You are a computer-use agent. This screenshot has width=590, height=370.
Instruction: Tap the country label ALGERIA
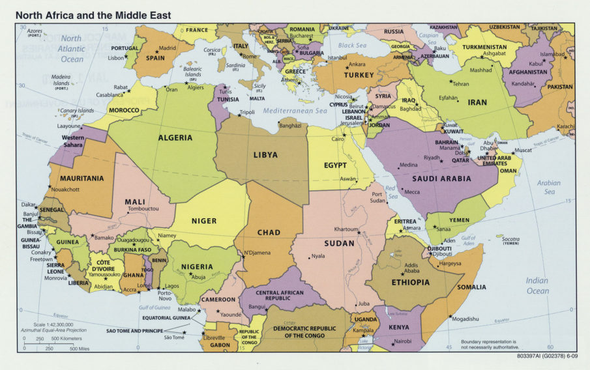pyautogui.click(x=175, y=138)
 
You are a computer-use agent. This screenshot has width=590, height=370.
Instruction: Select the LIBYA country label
pyautogui.click(x=265, y=155)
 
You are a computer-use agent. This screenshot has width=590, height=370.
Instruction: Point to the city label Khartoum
pyautogui.click(x=346, y=229)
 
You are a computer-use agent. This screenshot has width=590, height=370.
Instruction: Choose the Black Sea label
pyautogui.click(x=351, y=46)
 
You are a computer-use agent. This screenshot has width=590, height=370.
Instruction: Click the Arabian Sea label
pyautogui.click(x=548, y=188)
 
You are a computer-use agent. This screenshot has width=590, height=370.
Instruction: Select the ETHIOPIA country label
pyautogui.click(x=411, y=282)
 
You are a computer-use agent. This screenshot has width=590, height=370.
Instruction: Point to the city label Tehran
pyautogui.click(x=460, y=84)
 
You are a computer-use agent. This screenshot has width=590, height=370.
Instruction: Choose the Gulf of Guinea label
pyautogui.click(x=154, y=307)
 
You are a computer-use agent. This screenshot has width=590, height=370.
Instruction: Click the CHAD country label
pyautogui.click(x=269, y=233)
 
